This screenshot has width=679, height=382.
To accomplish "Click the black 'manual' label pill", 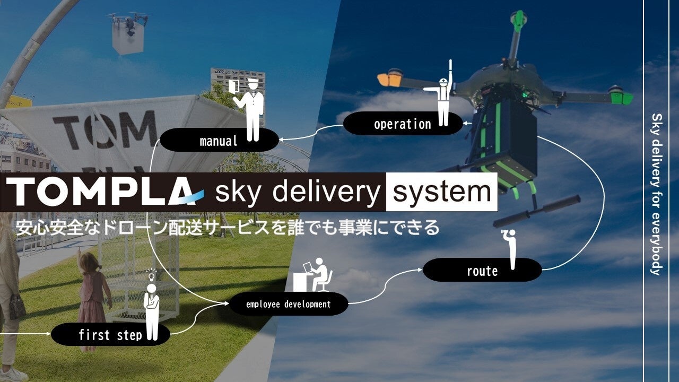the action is [x=219, y=141].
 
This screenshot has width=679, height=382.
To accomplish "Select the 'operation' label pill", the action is [x=403, y=124].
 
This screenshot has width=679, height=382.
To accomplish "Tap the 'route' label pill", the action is [x=482, y=271].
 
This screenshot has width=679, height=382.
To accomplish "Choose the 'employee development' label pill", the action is [x=289, y=304].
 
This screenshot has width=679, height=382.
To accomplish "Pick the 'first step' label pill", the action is [x=110, y=335].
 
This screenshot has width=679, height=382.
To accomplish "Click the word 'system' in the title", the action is [x=441, y=192].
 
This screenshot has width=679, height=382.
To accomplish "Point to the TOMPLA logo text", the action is [x=101, y=192].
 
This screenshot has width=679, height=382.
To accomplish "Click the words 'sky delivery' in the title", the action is [x=297, y=192].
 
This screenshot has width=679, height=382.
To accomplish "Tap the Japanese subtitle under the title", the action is [x=228, y=227].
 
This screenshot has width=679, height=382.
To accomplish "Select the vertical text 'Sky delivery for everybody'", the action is [x=656, y=194].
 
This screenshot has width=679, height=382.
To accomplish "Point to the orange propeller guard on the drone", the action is [x=390, y=80].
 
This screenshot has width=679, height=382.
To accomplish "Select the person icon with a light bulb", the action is [x=152, y=305].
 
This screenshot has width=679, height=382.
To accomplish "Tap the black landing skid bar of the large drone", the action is [x=536, y=211].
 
